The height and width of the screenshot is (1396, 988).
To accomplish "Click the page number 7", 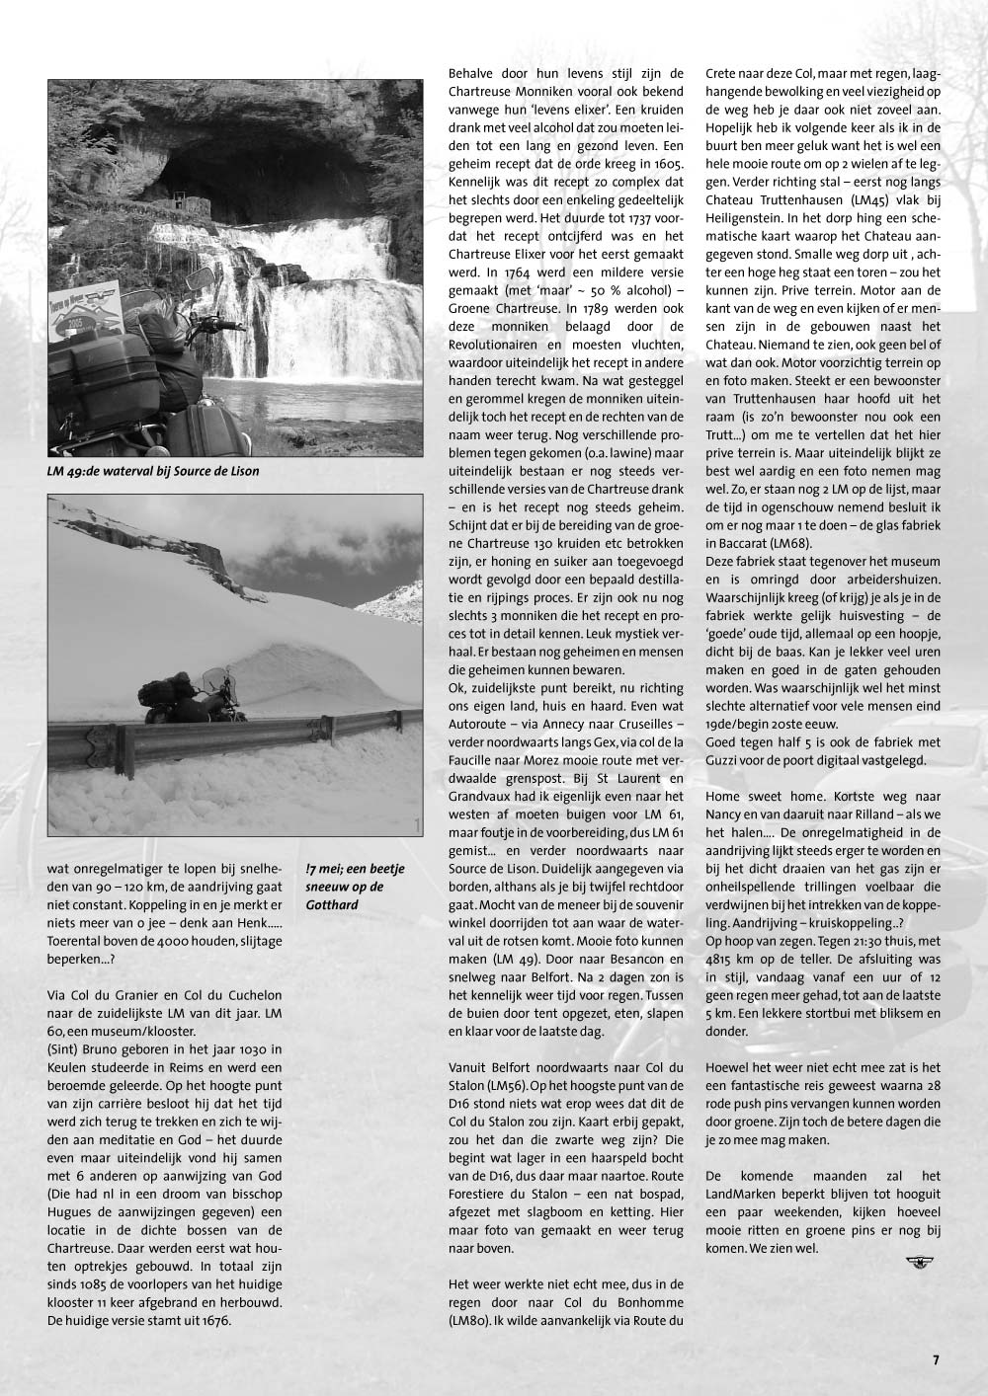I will pos(936,1358).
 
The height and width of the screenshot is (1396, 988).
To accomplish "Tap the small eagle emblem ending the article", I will pos(919,1261).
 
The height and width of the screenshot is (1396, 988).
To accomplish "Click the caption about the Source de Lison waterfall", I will pos(153,471).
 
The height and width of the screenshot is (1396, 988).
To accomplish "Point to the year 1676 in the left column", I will pos(211,1320).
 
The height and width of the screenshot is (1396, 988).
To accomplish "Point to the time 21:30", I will pos(859,940).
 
